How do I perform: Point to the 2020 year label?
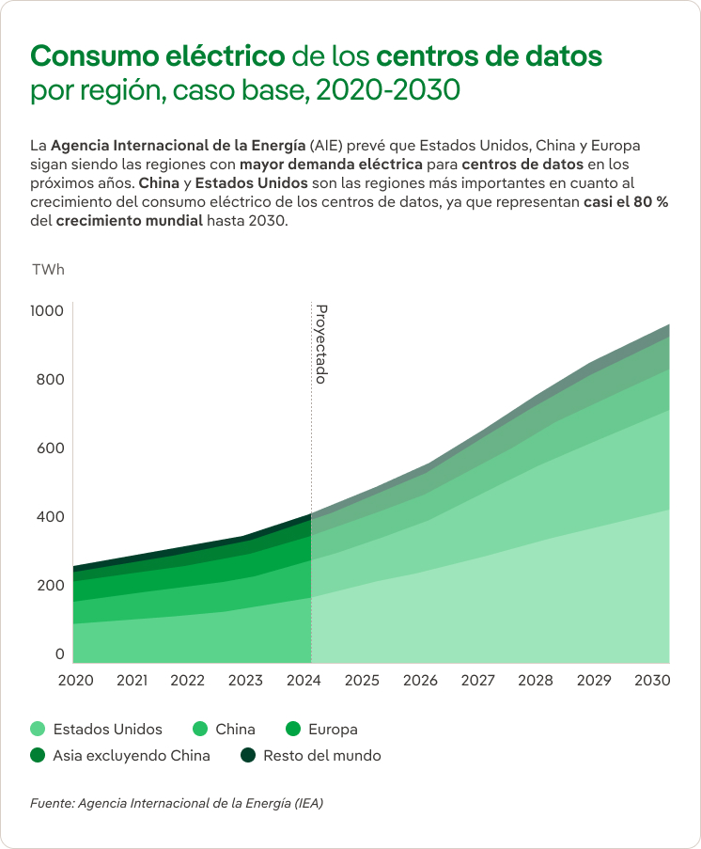pos(76,680)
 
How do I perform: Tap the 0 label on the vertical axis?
pos(59,654)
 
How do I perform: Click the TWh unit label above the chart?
pos(48,270)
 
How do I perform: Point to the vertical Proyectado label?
pos(320,343)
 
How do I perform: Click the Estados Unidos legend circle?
pos(38,730)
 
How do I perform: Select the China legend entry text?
pos(235,730)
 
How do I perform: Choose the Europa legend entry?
pos(333,730)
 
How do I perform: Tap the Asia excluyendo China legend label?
pos(132,756)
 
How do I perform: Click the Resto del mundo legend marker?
pos(248,756)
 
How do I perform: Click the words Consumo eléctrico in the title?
pos(158,55)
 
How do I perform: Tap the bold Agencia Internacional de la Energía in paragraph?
pos(178,147)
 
